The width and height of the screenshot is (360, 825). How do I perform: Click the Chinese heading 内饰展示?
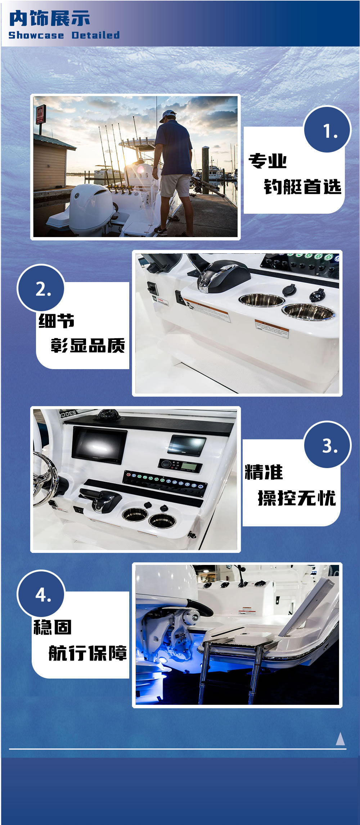pyautogui.click(x=49, y=18)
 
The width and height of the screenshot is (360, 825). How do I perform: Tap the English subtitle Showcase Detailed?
pyautogui.click(x=64, y=35)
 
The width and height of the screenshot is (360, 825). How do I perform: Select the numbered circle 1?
pyautogui.click(x=327, y=130)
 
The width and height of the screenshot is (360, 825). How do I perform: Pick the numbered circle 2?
pyautogui.click(x=41, y=288)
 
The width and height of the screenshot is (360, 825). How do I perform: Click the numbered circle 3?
pyautogui.click(x=327, y=445)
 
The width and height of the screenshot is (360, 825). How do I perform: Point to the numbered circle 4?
pyautogui.click(x=41, y=594)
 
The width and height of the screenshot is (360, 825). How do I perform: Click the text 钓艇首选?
pyautogui.click(x=302, y=187)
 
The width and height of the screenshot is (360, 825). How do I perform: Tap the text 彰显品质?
pyautogui.click(x=87, y=346)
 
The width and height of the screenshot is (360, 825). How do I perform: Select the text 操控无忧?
pyautogui.click(x=297, y=498)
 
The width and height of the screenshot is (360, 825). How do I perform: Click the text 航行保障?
pyautogui.click(x=87, y=653)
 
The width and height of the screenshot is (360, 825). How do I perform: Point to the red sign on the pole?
pyautogui.click(x=40, y=114)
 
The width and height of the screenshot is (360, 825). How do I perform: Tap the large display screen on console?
pyautogui.click(x=99, y=444)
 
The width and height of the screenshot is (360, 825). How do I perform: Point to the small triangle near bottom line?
pyautogui.click(x=340, y=739)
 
